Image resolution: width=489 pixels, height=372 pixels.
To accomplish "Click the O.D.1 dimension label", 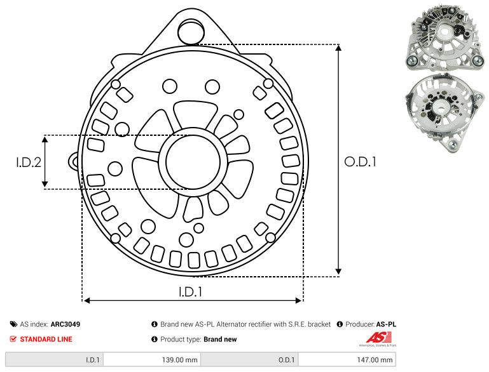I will click(361, 163).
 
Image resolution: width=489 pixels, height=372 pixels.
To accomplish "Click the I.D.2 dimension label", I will click(29, 163).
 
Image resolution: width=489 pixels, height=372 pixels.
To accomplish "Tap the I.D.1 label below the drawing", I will click(190, 293).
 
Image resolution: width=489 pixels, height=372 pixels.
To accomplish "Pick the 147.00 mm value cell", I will click(347, 360).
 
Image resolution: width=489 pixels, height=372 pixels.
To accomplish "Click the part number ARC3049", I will click(65, 324).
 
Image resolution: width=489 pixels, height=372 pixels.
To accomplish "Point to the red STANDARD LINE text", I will click(46, 339).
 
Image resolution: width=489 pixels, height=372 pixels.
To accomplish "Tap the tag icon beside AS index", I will click(13, 324).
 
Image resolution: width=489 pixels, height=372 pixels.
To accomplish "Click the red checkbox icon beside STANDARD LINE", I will click(13, 339).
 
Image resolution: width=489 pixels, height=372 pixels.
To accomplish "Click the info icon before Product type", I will click(155, 339).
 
